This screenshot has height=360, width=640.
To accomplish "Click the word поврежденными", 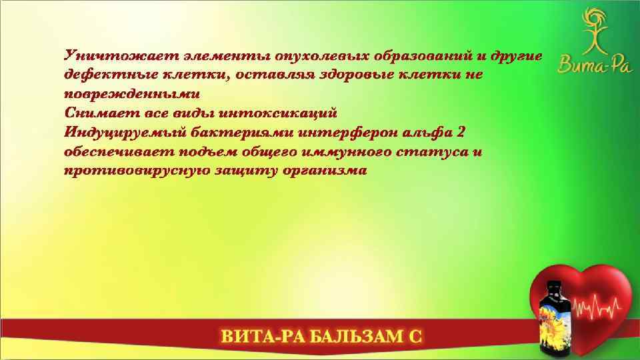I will tap(132, 93).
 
